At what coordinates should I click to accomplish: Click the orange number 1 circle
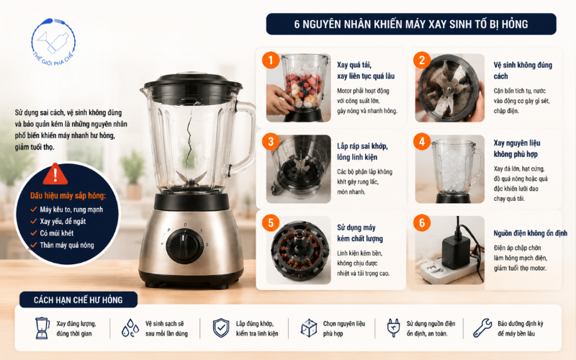tap(271, 60)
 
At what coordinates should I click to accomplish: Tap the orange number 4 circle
tap(422, 141)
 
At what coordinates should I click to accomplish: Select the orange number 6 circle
tap(422, 222)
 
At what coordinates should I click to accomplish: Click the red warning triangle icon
tap(55, 174)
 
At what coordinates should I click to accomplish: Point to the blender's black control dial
tap(184, 246)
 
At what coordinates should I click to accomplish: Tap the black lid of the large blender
tap(192, 87)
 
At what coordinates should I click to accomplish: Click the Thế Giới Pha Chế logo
tap(53, 42)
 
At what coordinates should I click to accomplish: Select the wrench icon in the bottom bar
tap(482, 328)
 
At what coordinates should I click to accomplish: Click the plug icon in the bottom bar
tap(393, 328)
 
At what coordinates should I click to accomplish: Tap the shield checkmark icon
tap(221, 328)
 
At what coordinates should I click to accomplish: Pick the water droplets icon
tap(130, 328)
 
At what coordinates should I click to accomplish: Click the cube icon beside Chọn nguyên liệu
tap(309, 328)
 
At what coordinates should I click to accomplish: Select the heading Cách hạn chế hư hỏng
tap(78, 300)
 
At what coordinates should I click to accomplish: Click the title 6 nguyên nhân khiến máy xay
tap(411, 24)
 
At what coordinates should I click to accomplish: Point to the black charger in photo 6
tap(456, 252)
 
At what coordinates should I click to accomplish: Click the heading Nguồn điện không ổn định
tap(531, 233)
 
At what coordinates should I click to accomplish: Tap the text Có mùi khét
tap(57, 233)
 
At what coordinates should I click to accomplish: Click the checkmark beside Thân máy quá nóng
tap(34, 245)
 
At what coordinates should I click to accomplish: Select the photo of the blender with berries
tap(298, 88)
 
